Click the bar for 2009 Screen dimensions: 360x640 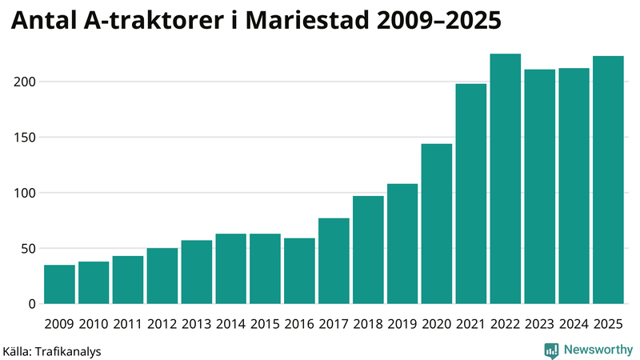(x=59, y=285)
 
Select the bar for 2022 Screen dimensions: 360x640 (x=506, y=179)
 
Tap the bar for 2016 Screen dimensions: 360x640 (x=300, y=271)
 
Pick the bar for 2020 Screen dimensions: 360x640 (x=437, y=224)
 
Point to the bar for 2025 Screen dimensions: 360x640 (x=608, y=180)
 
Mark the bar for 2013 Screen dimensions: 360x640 (x=197, y=272)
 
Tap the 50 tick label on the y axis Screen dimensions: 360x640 (x=27, y=249)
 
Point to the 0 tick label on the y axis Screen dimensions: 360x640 (x=31, y=304)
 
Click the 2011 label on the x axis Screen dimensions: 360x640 (x=128, y=324)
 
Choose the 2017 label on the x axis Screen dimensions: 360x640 (x=334, y=324)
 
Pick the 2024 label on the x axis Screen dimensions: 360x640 (x=574, y=324)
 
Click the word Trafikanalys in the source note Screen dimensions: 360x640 (x=68, y=350)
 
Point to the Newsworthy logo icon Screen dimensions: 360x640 (x=551, y=350)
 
